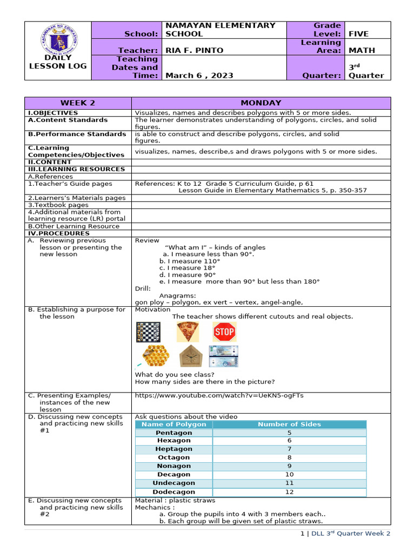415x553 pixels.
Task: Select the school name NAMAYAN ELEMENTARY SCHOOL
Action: click(220, 30)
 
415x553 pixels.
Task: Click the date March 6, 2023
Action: click(199, 75)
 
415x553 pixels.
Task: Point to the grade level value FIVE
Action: click(358, 33)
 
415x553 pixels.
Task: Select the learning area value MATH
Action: click(358, 50)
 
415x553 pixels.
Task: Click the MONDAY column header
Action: click(260, 103)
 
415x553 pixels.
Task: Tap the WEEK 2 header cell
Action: click(78, 103)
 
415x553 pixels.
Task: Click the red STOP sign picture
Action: click(224, 332)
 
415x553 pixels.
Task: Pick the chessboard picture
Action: click(148, 332)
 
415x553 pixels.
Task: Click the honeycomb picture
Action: click(155, 356)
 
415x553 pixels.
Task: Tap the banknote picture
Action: click(223, 356)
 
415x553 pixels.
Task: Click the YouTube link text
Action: click(219, 395)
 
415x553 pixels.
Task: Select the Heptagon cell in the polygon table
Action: click(173, 449)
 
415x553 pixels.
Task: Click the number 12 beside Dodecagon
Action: click(289, 492)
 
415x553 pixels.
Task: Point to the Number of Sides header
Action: click(289, 424)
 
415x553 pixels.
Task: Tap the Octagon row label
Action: click(173, 457)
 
